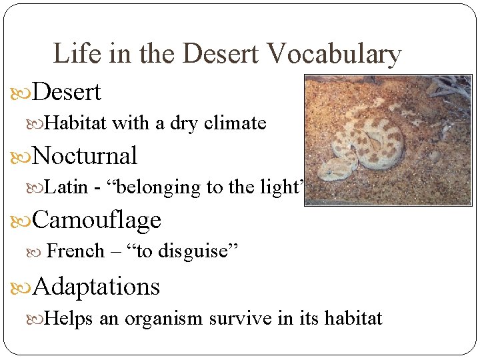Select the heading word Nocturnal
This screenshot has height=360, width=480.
[x=84, y=156]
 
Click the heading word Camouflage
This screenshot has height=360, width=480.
[x=96, y=219]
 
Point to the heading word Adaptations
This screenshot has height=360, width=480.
[x=96, y=287]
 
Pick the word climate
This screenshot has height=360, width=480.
[x=238, y=123]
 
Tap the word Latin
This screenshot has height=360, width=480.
[x=67, y=187]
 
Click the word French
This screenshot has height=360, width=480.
[x=76, y=251]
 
